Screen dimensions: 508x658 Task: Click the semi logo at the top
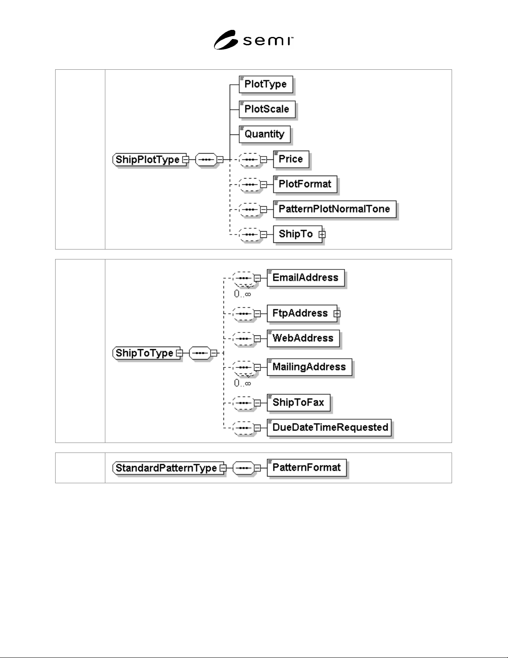[x=253, y=40]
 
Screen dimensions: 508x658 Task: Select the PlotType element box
[x=266, y=84]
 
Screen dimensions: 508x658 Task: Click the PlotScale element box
[x=267, y=109]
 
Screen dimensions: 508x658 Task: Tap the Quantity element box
[x=265, y=134]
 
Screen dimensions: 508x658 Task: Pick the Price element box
[x=291, y=159]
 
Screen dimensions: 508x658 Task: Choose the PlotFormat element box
[x=305, y=184]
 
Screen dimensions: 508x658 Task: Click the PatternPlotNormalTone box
[x=335, y=209]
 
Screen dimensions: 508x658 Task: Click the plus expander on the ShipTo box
[x=322, y=235]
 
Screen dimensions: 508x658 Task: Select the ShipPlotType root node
[x=149, y=159]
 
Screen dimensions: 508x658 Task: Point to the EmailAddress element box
[x=306, y=278]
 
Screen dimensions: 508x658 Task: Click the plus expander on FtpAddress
[x=337, y=314]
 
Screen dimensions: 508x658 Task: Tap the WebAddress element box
[x=303, y=338]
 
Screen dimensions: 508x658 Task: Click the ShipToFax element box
[x=299, y=402]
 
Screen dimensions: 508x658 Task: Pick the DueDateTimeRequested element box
[x=329, y=428]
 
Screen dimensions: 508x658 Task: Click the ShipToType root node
[x=146, y=353]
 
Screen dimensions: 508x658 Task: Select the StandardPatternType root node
[x=168, y=468]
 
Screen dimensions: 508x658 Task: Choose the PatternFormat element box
[x=306, y=467]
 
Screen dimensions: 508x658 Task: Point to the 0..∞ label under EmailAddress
[x=243, y=294]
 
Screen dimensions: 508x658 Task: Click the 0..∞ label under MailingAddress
[x=243, y=383]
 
